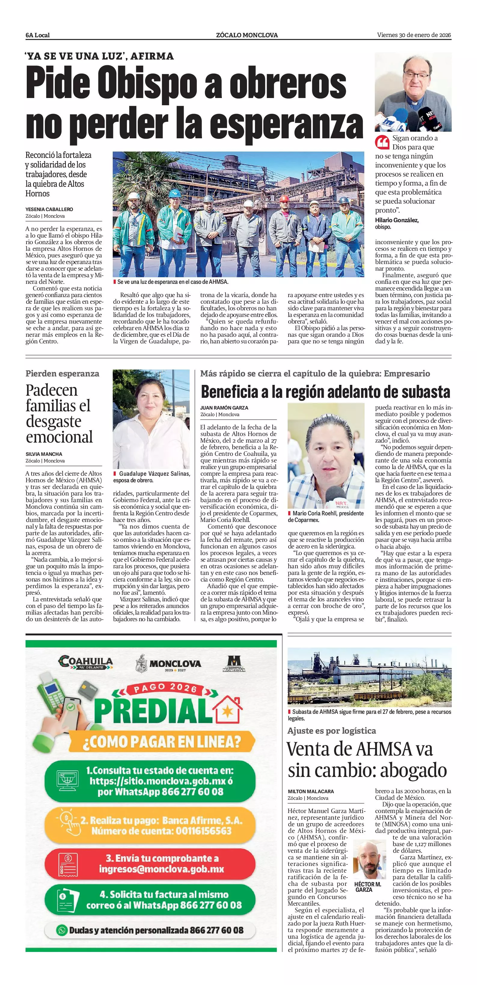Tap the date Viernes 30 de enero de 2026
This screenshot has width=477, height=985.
[414, 35]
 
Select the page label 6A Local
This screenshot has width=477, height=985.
[38, 35]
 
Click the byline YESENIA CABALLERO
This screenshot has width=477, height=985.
[49, 209]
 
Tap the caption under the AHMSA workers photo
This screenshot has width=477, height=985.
[173, 282]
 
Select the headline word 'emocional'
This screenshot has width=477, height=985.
[59, 437]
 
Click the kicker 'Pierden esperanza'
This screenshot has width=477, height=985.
[62, 373]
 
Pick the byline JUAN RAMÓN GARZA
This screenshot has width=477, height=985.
[224, 408]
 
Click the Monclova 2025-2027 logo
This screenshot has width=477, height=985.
[169, 663]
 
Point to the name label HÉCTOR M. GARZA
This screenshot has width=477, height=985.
[367, 887]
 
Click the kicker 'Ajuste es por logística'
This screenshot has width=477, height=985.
[332, 731]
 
